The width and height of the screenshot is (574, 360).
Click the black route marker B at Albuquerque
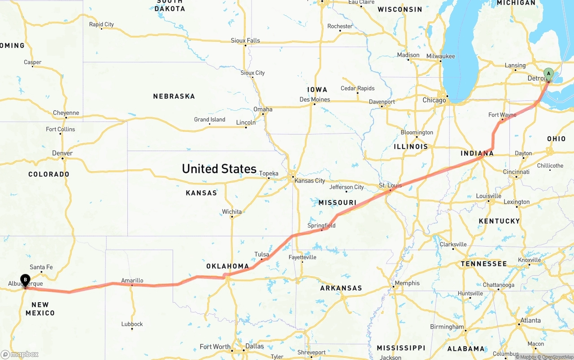(x=26, y=280)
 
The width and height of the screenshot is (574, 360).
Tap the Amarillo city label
(x=132, y=281)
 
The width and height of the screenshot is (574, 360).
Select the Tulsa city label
(x=261, y=254)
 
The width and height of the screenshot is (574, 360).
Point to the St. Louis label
(x=390, y=185)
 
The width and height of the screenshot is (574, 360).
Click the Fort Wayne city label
(x=502, y=115)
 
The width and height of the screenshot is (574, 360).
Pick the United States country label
(x=219, y=169)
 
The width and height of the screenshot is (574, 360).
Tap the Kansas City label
(x=310, y=181)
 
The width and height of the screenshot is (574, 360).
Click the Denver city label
(x=62, y=153)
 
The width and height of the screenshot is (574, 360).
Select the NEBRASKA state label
(x=174, y=96)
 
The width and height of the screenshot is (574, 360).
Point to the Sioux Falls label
(x=245, y=40)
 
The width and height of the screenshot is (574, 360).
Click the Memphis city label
(x=407, y=283)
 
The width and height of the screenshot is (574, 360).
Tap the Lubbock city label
(x=132, y=324)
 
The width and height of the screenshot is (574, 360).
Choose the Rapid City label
(x=101, y=24)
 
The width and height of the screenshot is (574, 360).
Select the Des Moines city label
(x=315, y=100)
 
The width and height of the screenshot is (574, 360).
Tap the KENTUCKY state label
(x=499, y=221)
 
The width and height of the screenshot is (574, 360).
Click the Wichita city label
(x=232, y=212)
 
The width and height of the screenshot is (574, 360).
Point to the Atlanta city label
(x=531, y=321)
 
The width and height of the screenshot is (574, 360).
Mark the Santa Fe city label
(x=41, y=267)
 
